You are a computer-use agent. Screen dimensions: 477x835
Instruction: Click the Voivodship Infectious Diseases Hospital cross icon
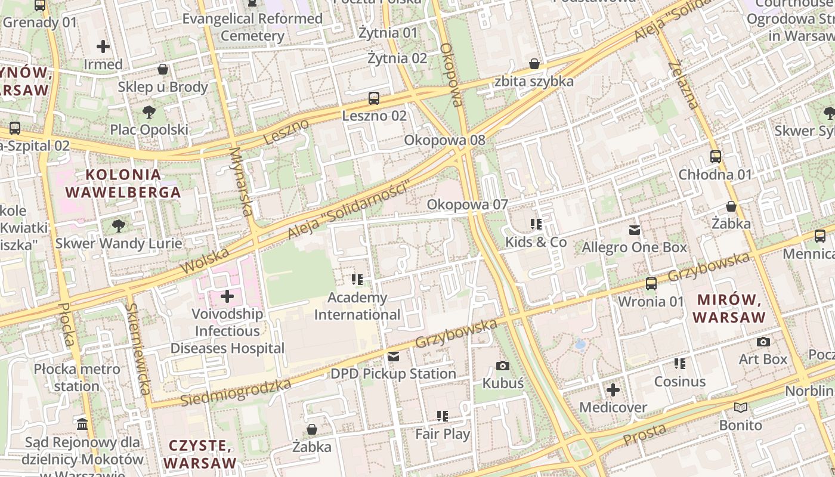227,296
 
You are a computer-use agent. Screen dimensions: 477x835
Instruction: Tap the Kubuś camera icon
503,366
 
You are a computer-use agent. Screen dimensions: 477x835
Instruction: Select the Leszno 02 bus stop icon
374,98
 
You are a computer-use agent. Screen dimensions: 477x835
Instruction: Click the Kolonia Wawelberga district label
123,184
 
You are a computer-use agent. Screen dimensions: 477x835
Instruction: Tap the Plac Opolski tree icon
149,111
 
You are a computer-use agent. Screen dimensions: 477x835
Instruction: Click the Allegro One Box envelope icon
635,230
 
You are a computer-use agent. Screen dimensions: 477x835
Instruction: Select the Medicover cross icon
613,391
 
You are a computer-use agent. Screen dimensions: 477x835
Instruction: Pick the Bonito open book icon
741,408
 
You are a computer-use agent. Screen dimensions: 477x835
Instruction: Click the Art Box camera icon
763,342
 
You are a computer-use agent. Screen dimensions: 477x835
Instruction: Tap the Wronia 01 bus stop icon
651,284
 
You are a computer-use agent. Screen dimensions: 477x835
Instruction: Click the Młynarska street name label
241,182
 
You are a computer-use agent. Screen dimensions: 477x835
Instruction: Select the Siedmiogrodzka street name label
236,391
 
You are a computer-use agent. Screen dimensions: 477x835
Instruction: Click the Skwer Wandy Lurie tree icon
119,225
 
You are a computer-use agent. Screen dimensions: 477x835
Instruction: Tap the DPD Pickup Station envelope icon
394,357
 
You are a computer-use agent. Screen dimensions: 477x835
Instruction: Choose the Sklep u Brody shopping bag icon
163,70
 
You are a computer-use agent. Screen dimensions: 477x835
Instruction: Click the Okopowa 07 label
467,205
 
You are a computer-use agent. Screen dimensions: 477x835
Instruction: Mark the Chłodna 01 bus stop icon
715,157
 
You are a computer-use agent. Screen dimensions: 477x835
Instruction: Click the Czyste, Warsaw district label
200,454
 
